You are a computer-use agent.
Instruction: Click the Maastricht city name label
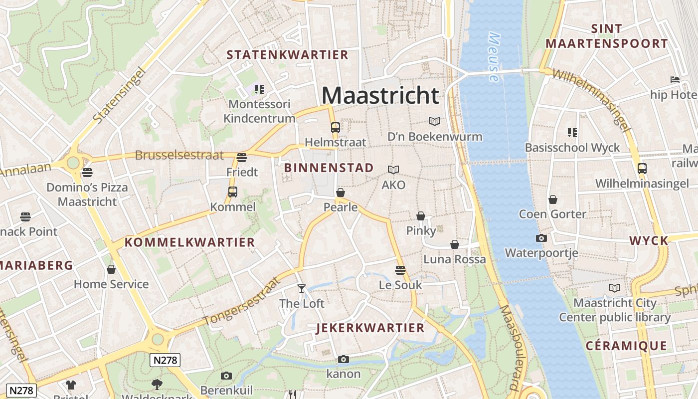tap(380, 95)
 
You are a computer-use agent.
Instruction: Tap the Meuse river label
tap(494, 57)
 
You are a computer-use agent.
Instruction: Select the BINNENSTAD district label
tap(329, 168)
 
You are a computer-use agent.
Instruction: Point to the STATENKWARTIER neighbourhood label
tap(287, 55)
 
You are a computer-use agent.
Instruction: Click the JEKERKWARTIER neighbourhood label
tap(370, 328)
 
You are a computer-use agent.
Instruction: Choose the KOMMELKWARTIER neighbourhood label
tap(189, 243)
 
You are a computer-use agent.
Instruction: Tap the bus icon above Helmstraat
tap(335, 128)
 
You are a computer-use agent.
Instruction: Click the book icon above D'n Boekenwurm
tap(435, 121)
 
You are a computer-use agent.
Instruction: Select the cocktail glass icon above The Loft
tap(301, 288)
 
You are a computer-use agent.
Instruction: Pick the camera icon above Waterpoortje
tap(541, 238)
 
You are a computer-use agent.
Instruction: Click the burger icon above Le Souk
tap(400, 270)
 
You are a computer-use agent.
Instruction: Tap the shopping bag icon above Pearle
tap(341, 192)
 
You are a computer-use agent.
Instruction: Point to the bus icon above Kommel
tap(232, 192)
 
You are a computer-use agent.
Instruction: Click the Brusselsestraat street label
tap(179, 155)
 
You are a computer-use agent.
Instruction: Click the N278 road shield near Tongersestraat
tap(165, 360)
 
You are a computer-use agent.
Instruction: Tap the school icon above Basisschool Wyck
tap(572, 133)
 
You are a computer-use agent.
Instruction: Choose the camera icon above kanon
tap(343, 359)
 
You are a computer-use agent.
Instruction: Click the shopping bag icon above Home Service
tap(111, 269)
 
